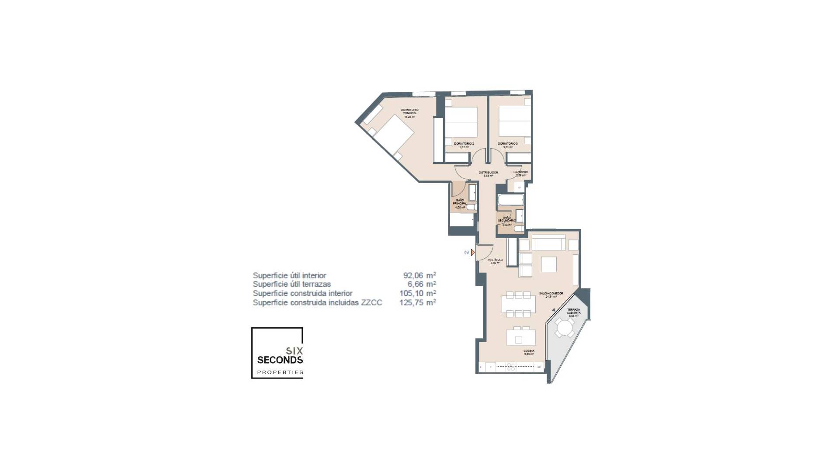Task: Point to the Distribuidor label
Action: coord(488,173)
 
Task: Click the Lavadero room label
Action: coord(520,173)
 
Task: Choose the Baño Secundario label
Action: coord(506,220)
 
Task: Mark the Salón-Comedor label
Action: coord(551,294)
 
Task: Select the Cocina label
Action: coord(529,351)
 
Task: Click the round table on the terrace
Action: coord(565,327)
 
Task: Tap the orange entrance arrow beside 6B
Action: coord(473,253)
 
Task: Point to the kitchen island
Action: coord(521,338)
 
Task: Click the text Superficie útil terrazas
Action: coord(291,285)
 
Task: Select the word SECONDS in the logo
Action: coord(280,360)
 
